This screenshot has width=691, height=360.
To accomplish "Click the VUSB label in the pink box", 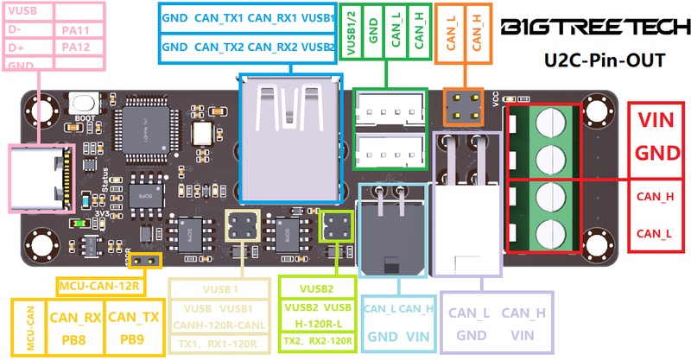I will click(23, 12).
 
